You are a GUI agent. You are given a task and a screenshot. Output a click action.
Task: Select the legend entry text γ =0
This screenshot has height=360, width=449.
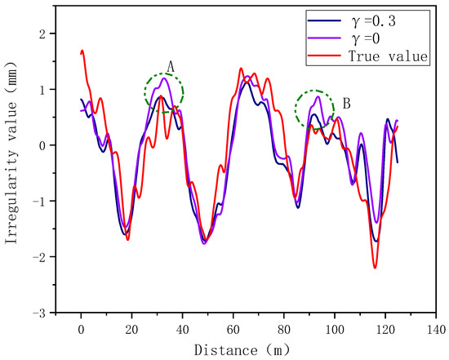pyautogui.click(x=367, y=38)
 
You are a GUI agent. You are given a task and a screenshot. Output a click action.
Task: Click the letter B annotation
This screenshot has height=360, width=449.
pyautogui.click(x=347, y=104)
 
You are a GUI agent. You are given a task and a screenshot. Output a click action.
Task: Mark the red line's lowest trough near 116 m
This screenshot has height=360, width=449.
pyautogui.click(x=375, y=267)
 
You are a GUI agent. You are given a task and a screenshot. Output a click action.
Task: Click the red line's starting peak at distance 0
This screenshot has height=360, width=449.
pyautogui.click(x=82, y=51)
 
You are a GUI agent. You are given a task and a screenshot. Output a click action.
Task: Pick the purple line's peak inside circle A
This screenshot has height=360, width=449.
pyautogui.click(x=165, y=78)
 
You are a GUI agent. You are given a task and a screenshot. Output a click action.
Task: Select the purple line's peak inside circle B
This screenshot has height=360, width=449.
pyautogui.click(x=318, y=96)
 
